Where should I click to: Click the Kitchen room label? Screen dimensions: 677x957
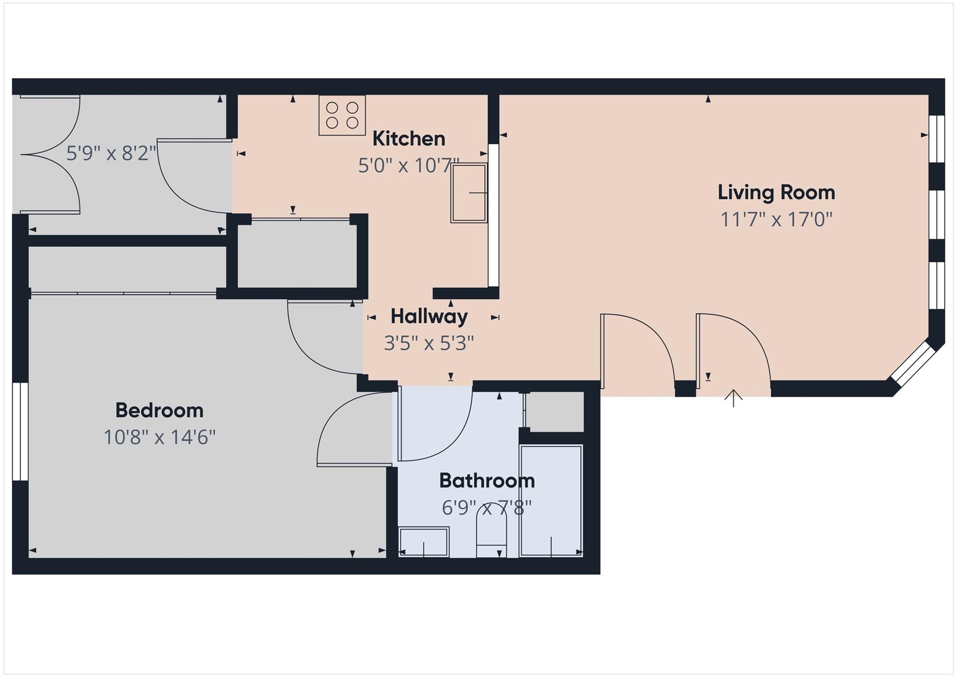[408, 139]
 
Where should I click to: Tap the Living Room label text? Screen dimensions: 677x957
[776, 193]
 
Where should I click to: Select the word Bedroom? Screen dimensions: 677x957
[159, 411]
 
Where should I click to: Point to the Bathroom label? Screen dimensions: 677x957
[487, 481]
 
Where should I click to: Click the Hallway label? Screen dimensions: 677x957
[429, 317]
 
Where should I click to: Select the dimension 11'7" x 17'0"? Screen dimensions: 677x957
[776, 219]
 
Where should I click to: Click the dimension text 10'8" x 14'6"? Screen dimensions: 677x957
[159, 437]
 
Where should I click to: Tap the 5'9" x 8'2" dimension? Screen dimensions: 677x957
[111, 153]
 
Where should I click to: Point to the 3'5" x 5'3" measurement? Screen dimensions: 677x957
[429, 343]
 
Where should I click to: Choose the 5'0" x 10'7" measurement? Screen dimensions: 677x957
[408, 166]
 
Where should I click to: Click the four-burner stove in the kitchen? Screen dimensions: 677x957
[342, 115]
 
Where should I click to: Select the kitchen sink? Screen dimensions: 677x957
[469, 193]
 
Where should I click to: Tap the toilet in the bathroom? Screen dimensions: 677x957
[491, 533]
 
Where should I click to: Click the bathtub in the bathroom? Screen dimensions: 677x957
[551, 500]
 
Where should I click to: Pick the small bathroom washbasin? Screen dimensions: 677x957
[423, 542]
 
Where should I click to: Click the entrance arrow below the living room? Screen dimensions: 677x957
[733, 398]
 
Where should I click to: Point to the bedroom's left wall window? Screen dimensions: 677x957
[20, 432]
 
